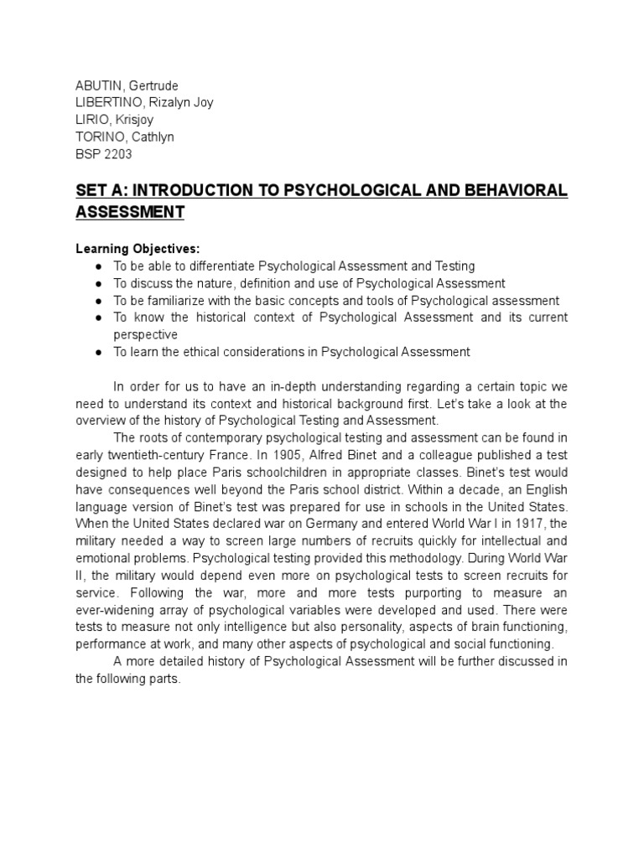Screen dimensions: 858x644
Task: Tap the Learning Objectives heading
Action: pyautogui.click(x=138, y=249)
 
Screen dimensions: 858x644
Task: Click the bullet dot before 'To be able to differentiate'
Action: pyautogui.click(x=99, y=266)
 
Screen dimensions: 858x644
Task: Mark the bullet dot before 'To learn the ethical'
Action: pyautogui.click(x=99, y=353)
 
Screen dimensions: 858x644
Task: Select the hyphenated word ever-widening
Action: pyautogui.click(x=117, y=610)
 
